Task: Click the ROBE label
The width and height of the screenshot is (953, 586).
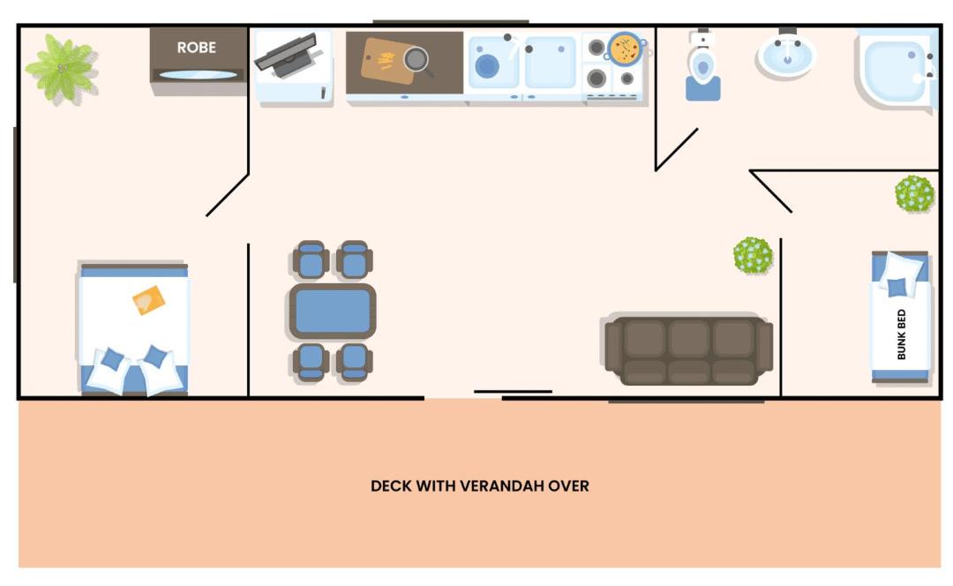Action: click(196, 48)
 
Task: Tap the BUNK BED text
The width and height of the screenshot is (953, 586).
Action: click(901, 334)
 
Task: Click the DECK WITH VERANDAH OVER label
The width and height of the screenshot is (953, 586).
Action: click(479, 485)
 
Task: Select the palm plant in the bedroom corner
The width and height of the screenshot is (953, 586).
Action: click(62, 68)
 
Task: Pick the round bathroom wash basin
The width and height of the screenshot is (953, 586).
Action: click(787, 54)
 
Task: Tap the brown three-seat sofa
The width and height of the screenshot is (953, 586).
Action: click(688, 349)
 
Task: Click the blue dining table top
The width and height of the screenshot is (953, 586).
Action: click(333, 311)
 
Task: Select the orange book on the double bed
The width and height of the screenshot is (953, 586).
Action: click(148, 300)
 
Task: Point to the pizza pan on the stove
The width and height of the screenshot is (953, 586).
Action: click(626, 49)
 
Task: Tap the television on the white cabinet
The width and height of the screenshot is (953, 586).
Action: click(287, 55)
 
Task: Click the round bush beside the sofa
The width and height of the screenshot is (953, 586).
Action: click(753, 255)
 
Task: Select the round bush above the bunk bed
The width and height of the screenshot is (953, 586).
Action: click(914, 194)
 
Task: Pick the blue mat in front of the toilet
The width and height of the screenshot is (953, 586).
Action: click(703, 89)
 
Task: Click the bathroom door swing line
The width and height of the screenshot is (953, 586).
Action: click(677, 149)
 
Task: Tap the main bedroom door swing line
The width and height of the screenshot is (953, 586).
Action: click(228, 195)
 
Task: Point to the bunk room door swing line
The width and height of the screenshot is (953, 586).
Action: click(770, 192)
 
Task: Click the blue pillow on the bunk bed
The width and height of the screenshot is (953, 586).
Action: click(897, 287)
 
